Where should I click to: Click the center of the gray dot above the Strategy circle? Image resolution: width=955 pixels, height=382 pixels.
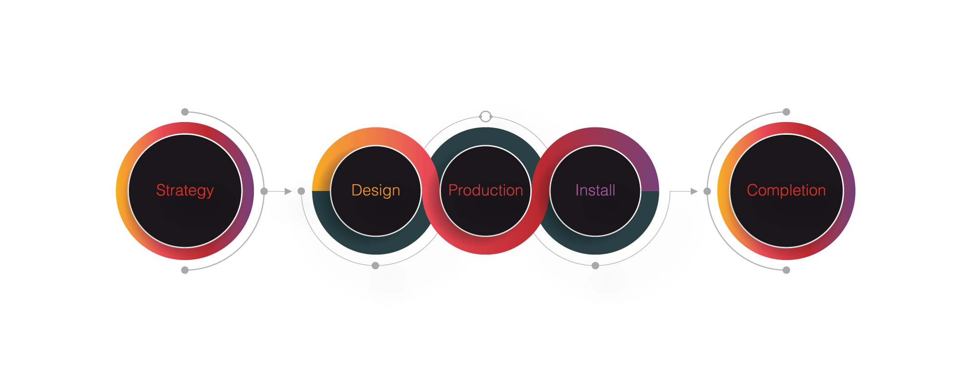[x=185, y=112]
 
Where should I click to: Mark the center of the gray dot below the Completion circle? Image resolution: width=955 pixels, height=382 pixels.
[x=787, y=270]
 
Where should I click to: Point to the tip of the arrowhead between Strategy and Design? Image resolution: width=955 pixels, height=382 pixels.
[x=292, y=191]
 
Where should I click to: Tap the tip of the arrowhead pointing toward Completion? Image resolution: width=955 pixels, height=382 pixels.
[x=698, y=191]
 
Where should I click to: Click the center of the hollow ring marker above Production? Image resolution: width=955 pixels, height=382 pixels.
[x=485, y=117]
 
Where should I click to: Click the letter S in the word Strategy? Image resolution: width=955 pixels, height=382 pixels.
[x=161, y=190]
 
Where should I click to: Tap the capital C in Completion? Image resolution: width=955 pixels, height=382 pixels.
[x=753, y=190]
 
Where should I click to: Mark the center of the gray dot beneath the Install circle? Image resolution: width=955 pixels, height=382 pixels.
[x=595, y=266]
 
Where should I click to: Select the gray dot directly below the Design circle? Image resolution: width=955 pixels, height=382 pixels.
[x=375, y=266]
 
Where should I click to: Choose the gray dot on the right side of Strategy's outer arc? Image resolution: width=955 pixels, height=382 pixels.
[x=264, y=191]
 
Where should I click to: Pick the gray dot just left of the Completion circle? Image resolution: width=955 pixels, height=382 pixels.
[x=707, y=191]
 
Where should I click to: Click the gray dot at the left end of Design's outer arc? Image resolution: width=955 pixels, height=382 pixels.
[x=301, y=191]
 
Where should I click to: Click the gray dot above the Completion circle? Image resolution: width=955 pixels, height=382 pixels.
[x=787, y=112]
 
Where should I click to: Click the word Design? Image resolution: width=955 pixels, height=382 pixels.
[x=376, y=191]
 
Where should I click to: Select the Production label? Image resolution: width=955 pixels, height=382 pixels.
[x=485, y=190]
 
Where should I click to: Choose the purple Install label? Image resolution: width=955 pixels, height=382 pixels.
[x=595, y=190]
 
